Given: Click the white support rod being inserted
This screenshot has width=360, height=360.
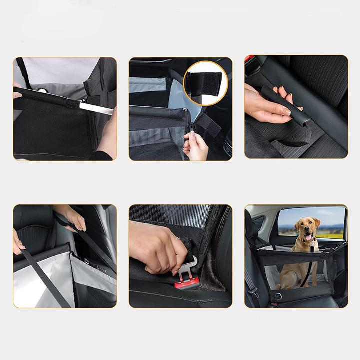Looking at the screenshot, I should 100,108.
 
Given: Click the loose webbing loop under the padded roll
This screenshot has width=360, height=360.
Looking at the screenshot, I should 290,141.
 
